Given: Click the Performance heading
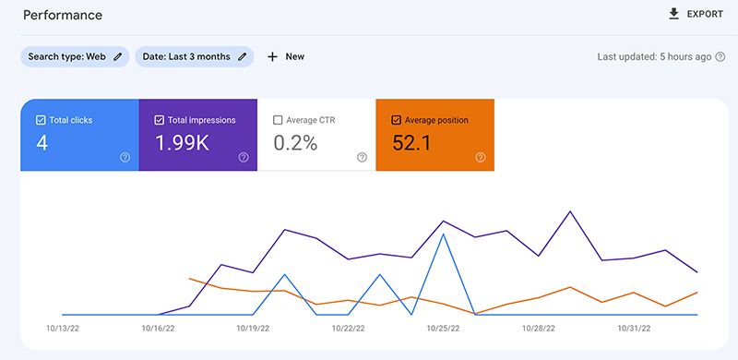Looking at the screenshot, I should (x=63, y=16).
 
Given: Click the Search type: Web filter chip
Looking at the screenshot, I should (x=75, y=56).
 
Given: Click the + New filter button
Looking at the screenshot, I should (x=286, y=56).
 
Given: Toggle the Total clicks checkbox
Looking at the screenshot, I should (x=41, y=120).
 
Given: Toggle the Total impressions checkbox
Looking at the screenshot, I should (x=159, y=120).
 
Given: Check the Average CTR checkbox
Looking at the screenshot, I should (x=278, y=120).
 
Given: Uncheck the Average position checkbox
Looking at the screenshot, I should (x=396, y=120).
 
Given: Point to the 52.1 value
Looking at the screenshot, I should (x=411, y=143).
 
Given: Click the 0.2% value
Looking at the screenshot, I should (x=295, y=143).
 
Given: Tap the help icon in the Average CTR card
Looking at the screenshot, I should (x=362, y=158).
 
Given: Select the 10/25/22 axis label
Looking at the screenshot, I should (x=444, y=327).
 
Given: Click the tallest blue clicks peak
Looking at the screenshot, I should (x=444, y=234).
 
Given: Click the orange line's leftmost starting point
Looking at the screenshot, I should (x=189, y=278).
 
